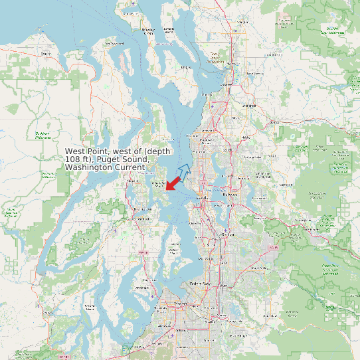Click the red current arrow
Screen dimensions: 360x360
coord(174,182)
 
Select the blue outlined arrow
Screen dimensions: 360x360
coord(185,170)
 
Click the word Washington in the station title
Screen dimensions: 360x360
coord(92,167)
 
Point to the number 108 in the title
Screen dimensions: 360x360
coord(73,159)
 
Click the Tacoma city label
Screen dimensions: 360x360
coord(179,303)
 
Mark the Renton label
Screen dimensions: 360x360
coord(228,234)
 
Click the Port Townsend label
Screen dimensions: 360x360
coord(117,44)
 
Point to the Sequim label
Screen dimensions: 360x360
coord(45,53)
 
